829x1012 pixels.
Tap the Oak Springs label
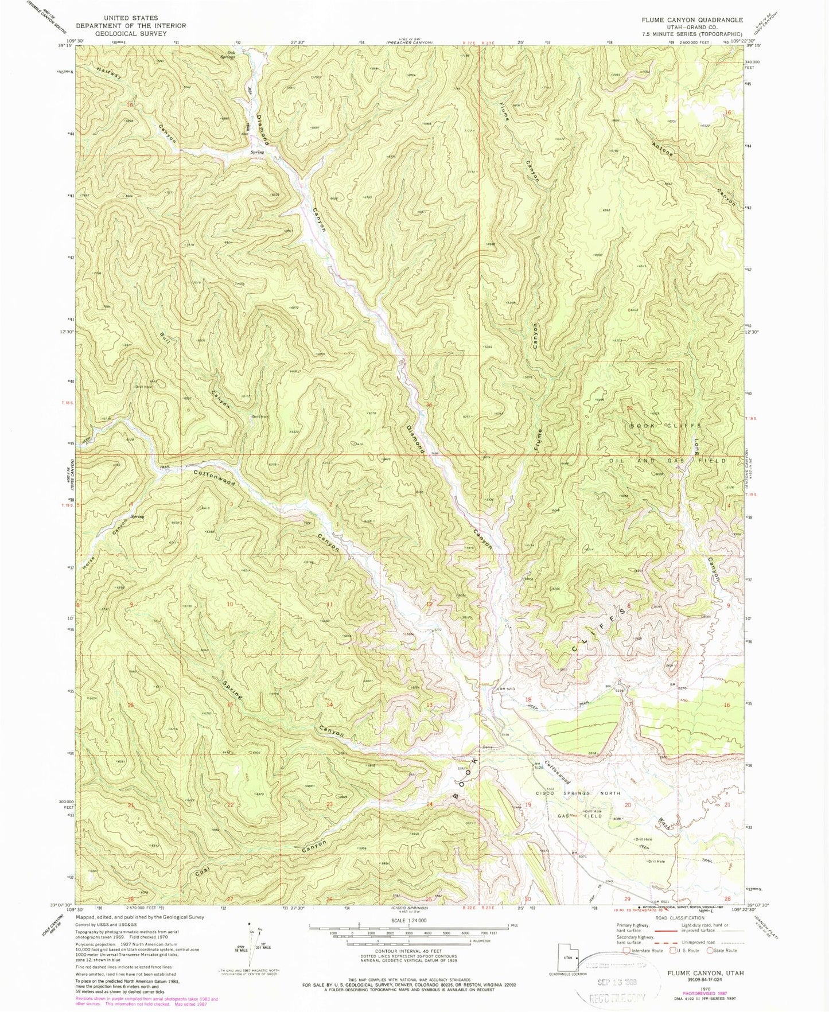(228, 55)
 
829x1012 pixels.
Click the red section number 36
(430, 405)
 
